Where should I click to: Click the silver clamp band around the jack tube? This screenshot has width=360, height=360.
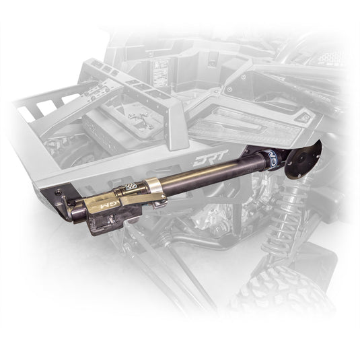155,188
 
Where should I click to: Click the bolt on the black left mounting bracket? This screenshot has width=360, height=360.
59,192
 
